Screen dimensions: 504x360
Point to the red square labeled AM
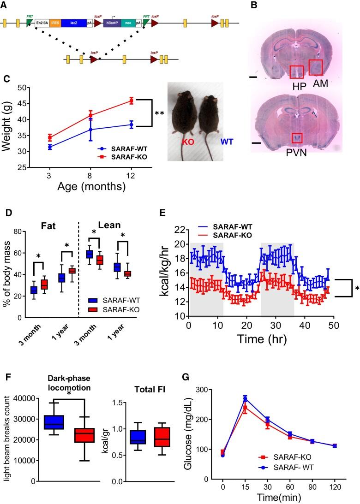tap(316, 67)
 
